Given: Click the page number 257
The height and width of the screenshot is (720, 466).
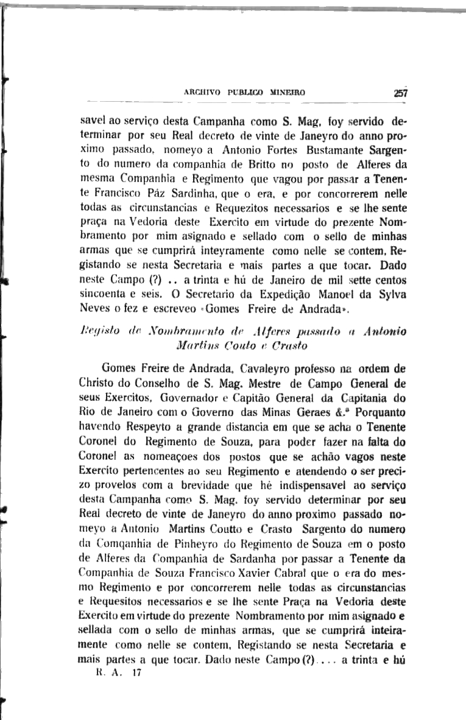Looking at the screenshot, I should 400,94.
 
